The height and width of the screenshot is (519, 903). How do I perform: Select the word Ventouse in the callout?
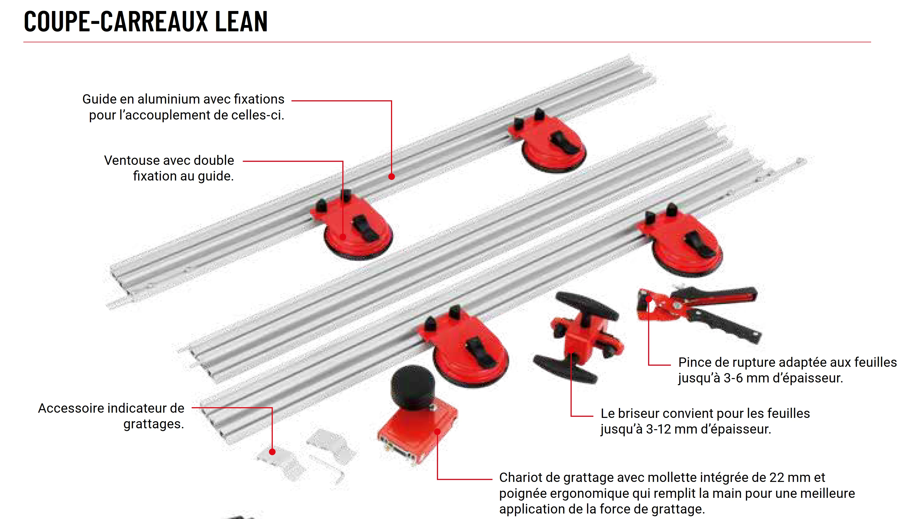pos(130,160)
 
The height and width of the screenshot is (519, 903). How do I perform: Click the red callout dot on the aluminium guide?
pos(392,176)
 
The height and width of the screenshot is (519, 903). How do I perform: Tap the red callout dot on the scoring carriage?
pos(437,432)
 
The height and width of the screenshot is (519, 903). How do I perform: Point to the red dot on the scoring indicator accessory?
pos(272,452)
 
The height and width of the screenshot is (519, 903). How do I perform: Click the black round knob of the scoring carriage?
pos(413,387)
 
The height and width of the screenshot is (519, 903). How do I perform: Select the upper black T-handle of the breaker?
pos(587,306)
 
